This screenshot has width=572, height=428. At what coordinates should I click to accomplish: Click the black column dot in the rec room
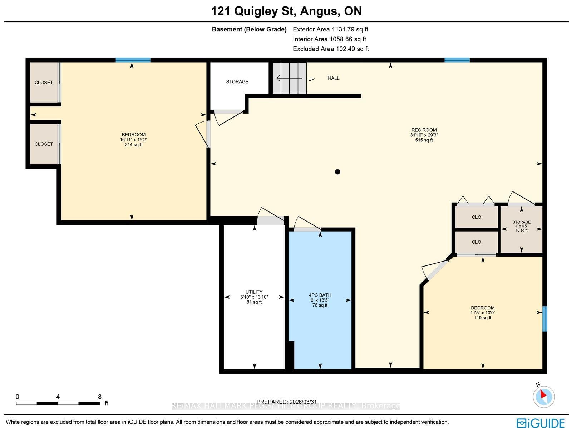tap(337, 172)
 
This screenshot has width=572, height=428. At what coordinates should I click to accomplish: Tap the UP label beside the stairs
tap(311, 79)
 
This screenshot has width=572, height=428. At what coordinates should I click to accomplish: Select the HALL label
tap(334, 78)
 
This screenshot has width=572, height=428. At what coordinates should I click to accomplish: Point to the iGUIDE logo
tap(541, 423)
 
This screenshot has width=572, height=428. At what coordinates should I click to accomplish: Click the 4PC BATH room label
tap(320, 295)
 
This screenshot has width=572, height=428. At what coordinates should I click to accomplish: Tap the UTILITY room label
tap(254, 292)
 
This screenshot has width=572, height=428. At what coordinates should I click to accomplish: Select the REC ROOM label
tap(424, 130)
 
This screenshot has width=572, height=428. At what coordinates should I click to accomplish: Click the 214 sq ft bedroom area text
tap(134, 144)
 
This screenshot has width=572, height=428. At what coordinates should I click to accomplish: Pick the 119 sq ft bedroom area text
tap(483, 318)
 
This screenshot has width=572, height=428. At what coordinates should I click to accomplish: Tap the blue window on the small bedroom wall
tap(544, 319)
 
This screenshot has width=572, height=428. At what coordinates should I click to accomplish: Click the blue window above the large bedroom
tap(133, 60)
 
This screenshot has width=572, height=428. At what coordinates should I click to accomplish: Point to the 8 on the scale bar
tap(99, 397)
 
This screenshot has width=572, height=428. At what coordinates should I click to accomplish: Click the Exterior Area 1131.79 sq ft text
tap(330, 29)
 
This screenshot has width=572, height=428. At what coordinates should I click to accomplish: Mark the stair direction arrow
tap(289, 78)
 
